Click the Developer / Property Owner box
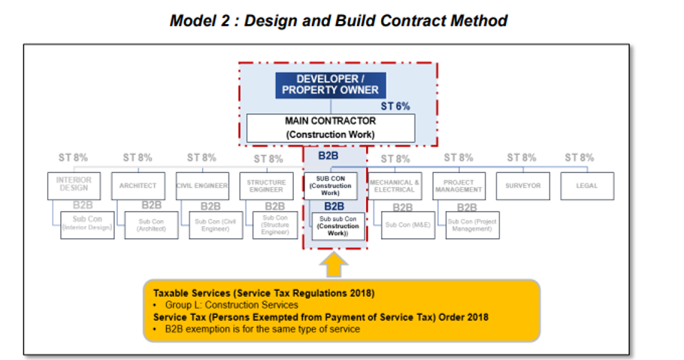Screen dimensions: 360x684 (331, 85)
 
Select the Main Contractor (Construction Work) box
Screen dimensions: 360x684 (330, 128)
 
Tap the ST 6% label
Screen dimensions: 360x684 (395, 107)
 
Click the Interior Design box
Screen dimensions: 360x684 (74, 184)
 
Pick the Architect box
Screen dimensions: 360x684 (138, 186)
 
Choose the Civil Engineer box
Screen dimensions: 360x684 (202, 186)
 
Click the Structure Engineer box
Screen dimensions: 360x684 (266, 186)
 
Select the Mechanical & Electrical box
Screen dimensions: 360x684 (394, 186)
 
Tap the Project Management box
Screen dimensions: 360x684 (458, 186)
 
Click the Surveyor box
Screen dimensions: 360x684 (522, 186)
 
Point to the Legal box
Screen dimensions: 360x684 (587, 186)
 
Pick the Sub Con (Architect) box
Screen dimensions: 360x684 (151, 225)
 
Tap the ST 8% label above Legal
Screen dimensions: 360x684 (580, 158)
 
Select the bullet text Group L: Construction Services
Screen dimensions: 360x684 (231, 305)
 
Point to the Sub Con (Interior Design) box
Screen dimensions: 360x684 (87, 225)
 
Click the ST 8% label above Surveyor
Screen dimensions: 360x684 (522, 158)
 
